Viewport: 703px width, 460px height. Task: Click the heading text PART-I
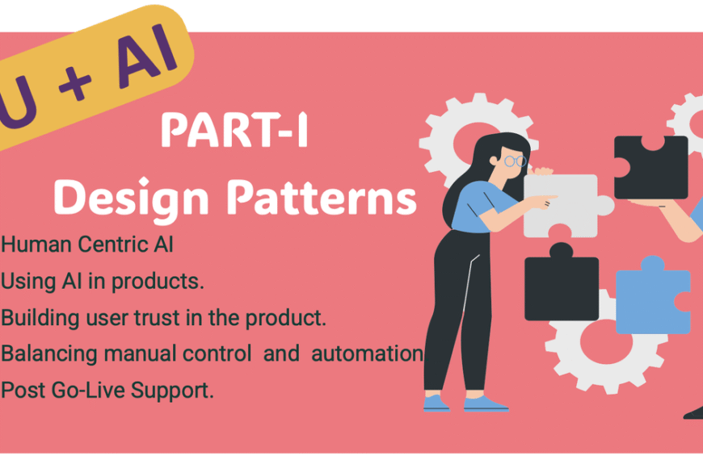coord(234,132)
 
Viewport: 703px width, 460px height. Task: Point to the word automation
coord(368,353)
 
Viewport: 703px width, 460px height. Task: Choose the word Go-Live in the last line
coord(77,391)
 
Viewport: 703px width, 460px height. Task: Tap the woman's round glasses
coord(515,161)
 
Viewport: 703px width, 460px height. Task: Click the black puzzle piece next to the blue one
coord(561,286)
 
